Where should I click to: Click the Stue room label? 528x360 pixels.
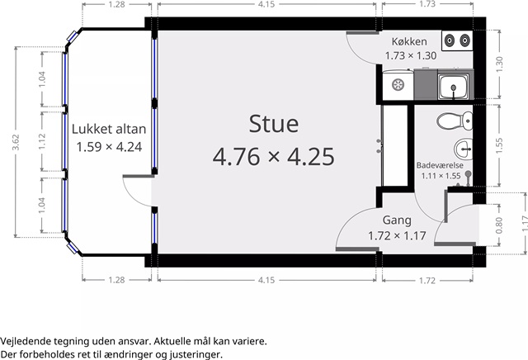[x=273, y=124]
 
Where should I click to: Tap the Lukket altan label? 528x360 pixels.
[x=109, y=129]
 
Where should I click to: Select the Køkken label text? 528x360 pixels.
[x=409, y=41]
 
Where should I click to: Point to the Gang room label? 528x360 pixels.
[x=397, y=220]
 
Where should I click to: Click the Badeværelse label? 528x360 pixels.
[x=440, y=165]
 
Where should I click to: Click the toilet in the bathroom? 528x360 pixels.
[x=455, y=121]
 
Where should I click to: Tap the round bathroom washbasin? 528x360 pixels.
[x=464, y=149]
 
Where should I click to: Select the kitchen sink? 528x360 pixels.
[x=453, y=87]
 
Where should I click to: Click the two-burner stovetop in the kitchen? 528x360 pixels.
[x=457, y=40]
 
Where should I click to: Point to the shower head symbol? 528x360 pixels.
[x=468, y=174]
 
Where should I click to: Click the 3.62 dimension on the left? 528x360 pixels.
[x=16, y=142]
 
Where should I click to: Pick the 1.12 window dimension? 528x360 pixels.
[x=42, y=141]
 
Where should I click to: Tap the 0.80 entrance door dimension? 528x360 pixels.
[x=499, y=225]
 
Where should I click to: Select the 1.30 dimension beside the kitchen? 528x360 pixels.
[x=499, y=64]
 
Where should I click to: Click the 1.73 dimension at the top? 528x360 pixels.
[x=427, y=4]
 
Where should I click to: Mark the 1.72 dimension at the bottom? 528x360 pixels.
[x=427, y=280]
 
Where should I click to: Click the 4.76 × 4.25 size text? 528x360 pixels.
[x=273, y=156]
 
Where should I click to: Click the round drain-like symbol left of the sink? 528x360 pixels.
[x=398, y=84]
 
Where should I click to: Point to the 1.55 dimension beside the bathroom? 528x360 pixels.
[x=499, y=145]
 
